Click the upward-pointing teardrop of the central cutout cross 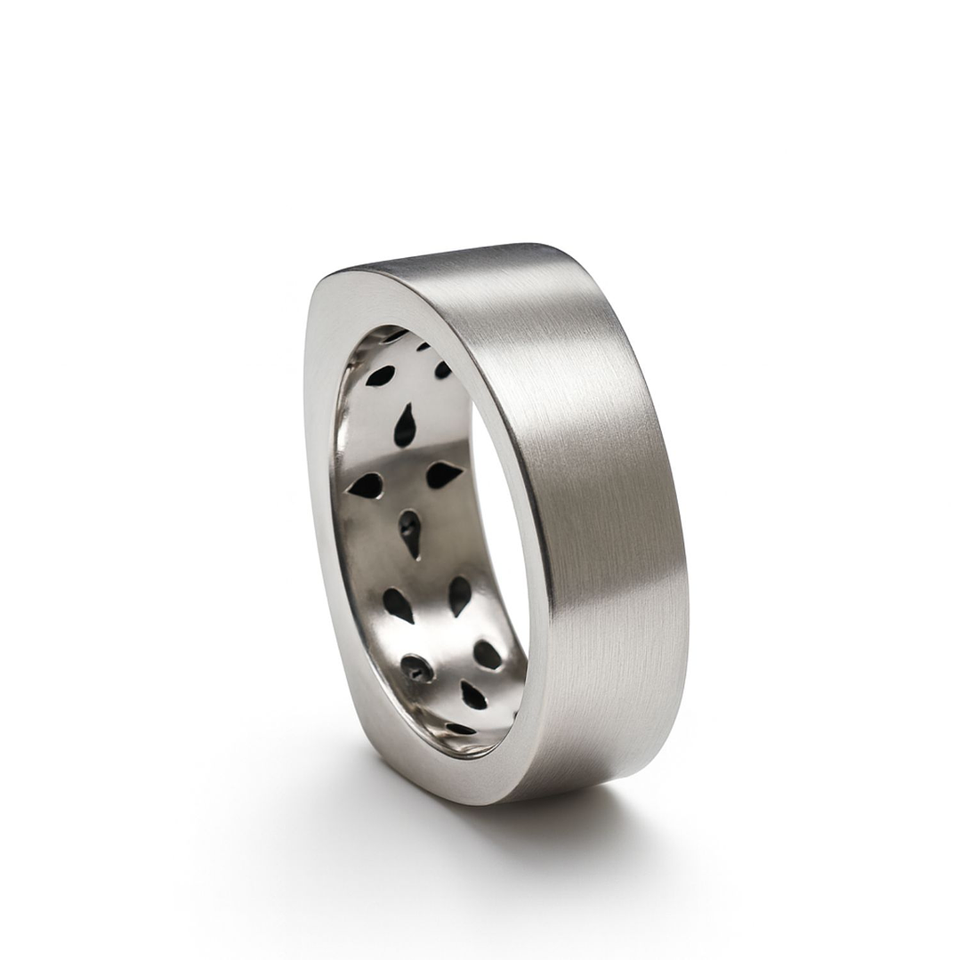pos(405,426)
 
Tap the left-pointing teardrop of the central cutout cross pos(366,485)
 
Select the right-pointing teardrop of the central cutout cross pos(442,474)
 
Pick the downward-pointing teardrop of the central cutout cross pos(409,532)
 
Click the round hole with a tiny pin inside pos(415,668)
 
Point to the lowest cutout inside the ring pos(460,729)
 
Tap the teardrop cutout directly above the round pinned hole pos(398,605)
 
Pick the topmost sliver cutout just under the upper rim pos(391,337)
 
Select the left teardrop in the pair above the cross pos(380,375)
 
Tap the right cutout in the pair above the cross pos(442,368)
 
